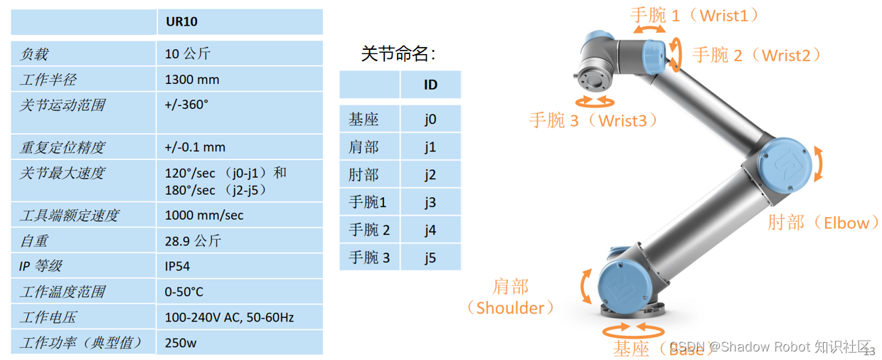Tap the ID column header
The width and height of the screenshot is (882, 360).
tap(430, 85)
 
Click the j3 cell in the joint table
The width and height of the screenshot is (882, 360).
tap(430, 203)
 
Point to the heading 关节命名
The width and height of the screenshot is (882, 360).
tap(398, 53)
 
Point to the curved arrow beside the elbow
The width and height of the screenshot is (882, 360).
tap(820, 164)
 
